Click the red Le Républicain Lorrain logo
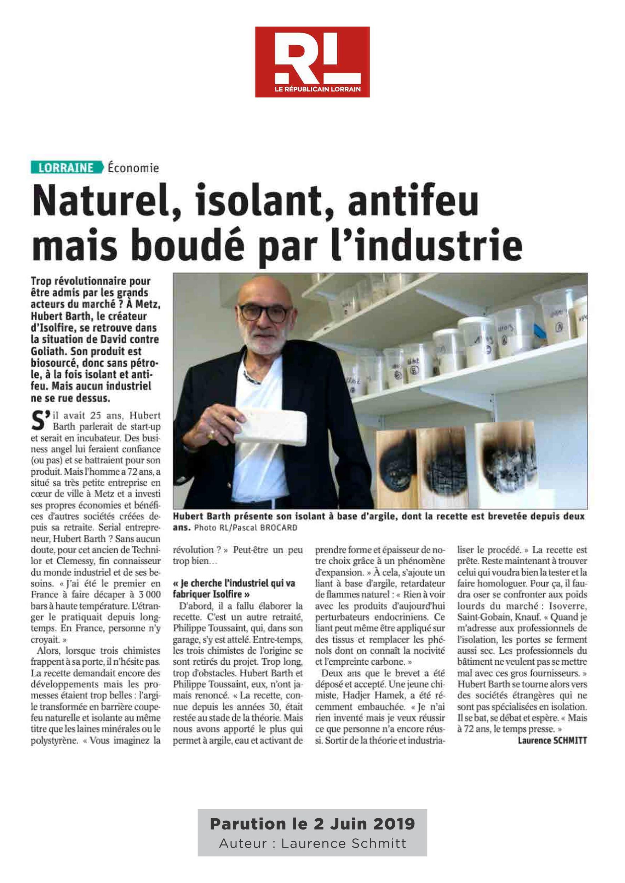pos(312,62)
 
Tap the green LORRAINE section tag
pos(66,168)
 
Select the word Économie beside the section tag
pos(133,168)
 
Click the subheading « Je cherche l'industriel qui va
pos(234,584)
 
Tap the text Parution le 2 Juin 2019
pos(312,822)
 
